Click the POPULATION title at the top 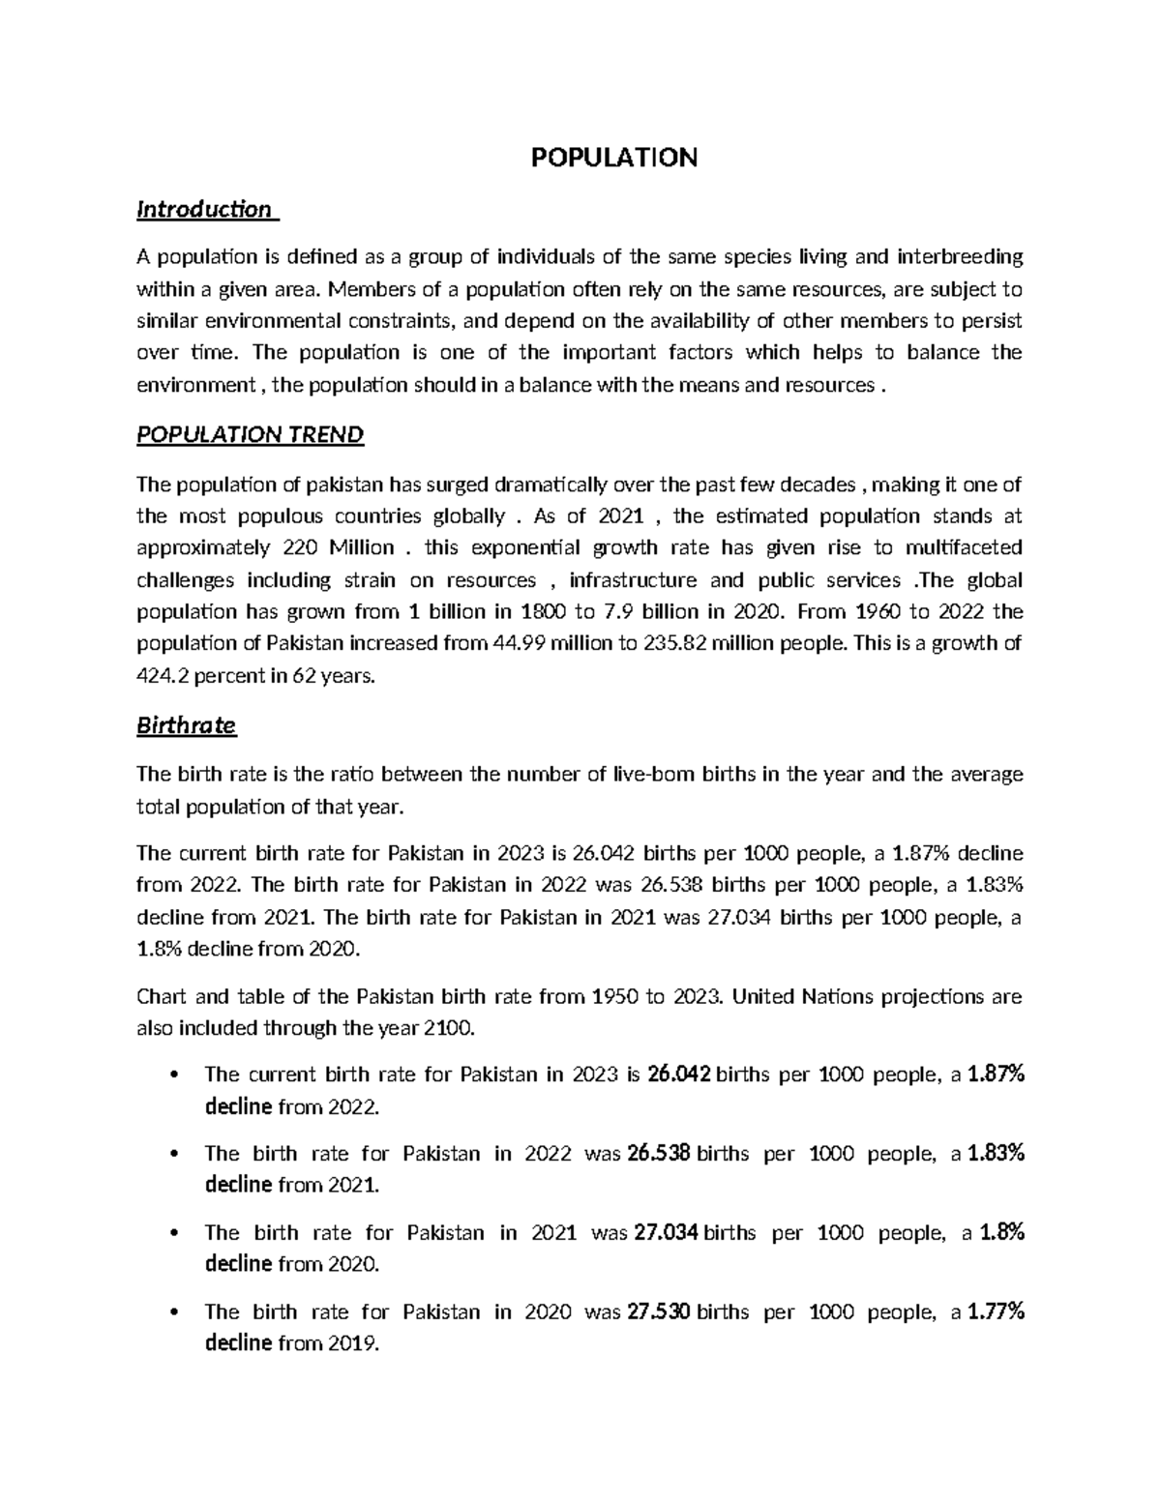point(614,158)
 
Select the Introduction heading point(204,209)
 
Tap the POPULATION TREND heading point(251,434)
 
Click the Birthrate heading point(187,725)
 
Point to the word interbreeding point(960,256)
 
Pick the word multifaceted point(963,547)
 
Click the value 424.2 point(162,676)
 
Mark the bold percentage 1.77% point(996,1311)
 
